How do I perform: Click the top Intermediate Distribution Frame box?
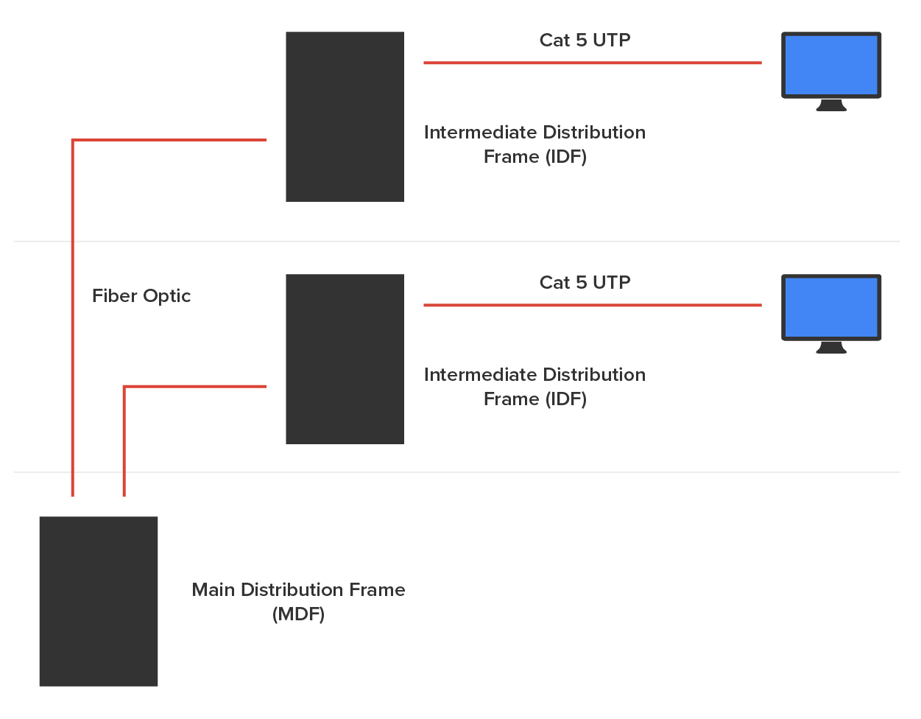(345, 116)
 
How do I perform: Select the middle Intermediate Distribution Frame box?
(345, 359)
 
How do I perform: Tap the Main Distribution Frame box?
(99, 601)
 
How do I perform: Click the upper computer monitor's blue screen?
(831, 65)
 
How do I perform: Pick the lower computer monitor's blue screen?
(831, 307)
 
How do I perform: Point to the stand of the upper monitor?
(831, 105)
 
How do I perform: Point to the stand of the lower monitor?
(831, 348)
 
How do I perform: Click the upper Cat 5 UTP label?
(585, 41)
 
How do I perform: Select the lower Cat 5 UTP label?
(585, 283)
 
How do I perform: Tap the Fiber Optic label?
(141, 296)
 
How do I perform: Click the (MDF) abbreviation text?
(298, 614)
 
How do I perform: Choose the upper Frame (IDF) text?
(534, 157)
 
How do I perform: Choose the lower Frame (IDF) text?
(534, 399)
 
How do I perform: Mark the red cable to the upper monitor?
(592, 63)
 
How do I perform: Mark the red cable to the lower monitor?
(592, 305)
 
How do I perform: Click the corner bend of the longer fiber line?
(73, 140)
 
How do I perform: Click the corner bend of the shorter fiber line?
(124, 387)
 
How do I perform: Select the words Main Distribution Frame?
(298, 590)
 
